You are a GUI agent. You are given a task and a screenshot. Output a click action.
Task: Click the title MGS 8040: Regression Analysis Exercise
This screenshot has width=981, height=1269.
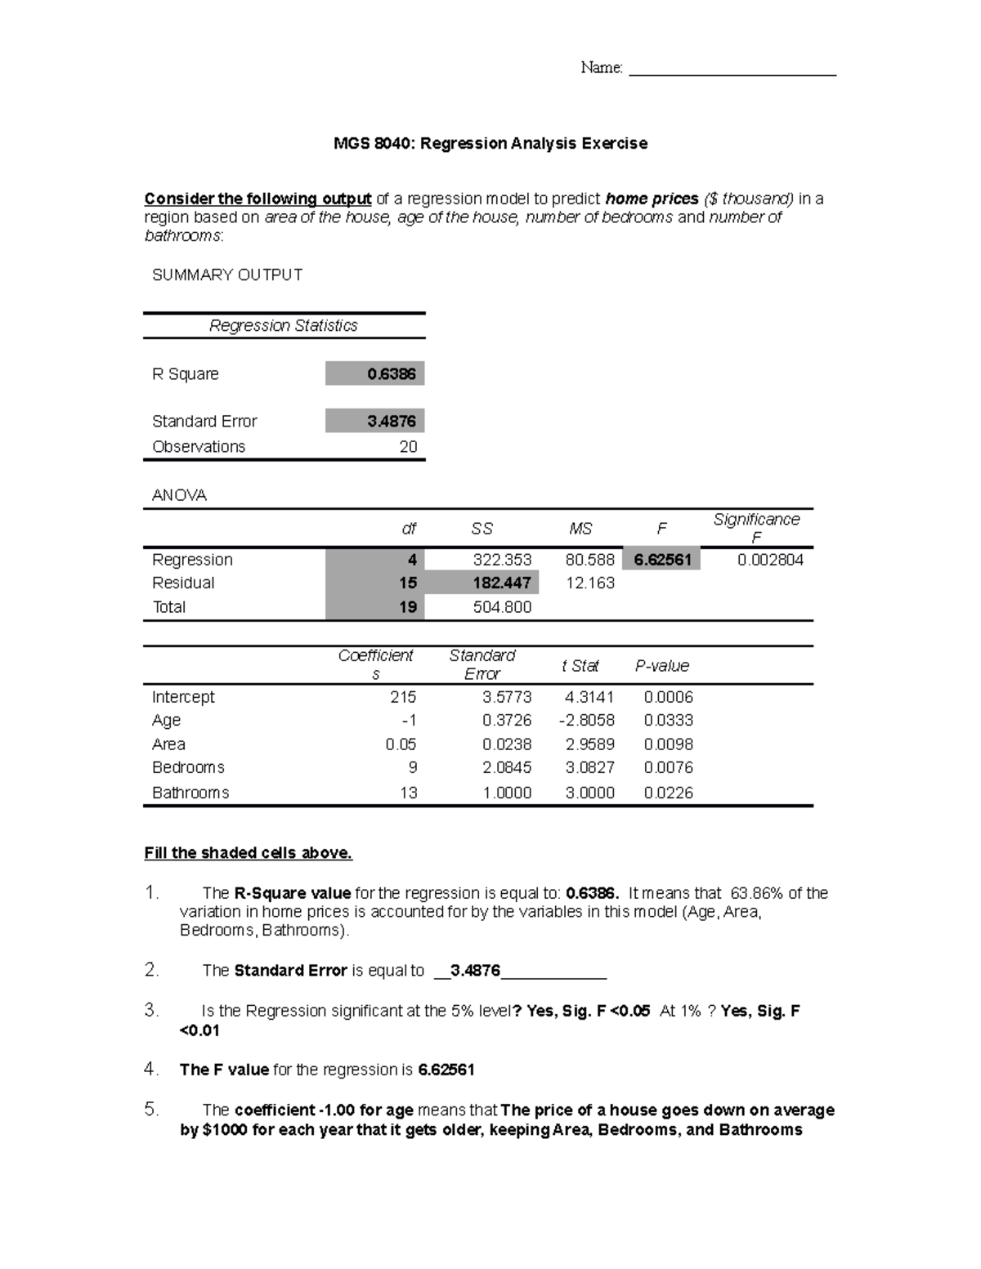(490, 144)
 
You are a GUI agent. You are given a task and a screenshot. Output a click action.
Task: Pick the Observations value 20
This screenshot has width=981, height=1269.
(408, 447)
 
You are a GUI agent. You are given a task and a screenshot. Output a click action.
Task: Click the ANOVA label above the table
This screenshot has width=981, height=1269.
(179, 496)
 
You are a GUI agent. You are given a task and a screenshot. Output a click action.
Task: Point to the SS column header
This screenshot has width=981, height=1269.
(482, 529)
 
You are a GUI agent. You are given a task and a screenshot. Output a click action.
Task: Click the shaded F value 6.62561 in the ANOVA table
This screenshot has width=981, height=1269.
(661, 560)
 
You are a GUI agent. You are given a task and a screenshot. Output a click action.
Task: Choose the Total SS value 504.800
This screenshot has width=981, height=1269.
(502, 607)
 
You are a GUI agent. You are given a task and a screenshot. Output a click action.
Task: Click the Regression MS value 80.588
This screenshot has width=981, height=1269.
(589, 560)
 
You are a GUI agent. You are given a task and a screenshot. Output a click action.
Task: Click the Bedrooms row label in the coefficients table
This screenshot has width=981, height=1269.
(188, 768)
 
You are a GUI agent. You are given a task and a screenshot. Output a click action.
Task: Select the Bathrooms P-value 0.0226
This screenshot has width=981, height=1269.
(668, 793)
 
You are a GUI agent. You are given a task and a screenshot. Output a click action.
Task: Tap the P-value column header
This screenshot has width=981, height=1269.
(661, 666)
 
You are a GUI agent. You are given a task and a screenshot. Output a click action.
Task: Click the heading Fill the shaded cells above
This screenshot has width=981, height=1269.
(248, 853)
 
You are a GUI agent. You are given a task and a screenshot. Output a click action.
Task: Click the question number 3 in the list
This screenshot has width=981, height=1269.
(150, 1011)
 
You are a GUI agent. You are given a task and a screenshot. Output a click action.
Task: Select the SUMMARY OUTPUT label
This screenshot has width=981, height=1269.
(227, 275)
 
